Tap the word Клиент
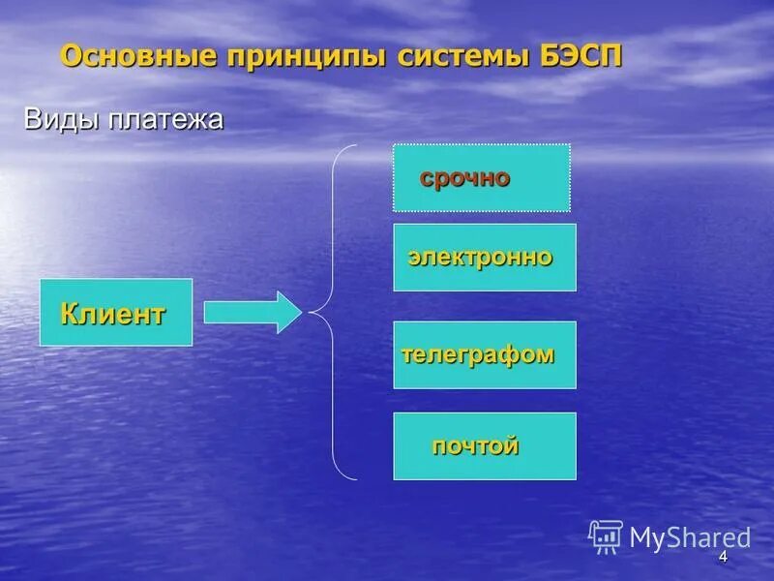[113, 314]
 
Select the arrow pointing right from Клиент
[253, 312]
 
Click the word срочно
[464, 178]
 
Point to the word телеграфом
[478, 354]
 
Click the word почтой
[475, 446]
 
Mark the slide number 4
[722, 559]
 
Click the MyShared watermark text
[690, 537]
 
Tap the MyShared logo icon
[606, 536]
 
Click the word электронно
[480, 258]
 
